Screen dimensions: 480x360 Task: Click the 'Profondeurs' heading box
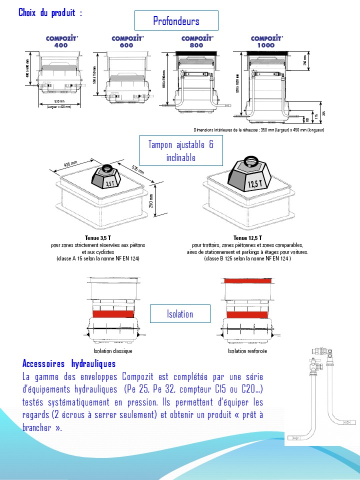[176, 20]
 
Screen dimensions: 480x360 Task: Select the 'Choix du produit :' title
[50, 12]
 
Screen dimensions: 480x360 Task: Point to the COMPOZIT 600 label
[127, 41]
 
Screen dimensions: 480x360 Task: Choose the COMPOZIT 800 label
[196, 41]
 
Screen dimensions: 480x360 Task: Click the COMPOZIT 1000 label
[266, 41]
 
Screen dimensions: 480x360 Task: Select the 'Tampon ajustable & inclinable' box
[180, 151]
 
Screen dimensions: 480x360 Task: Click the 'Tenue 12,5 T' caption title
[247, 238]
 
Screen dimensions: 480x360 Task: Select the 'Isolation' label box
[180, 314]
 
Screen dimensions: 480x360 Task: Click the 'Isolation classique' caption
[113, 351]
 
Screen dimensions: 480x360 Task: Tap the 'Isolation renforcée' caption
[247, 351]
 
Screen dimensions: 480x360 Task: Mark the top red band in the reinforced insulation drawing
[248, 281]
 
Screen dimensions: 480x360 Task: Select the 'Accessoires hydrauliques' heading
[69, 363]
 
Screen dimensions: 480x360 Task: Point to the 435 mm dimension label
[70, 164]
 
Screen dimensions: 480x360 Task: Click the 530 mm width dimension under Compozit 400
[59, 101]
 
